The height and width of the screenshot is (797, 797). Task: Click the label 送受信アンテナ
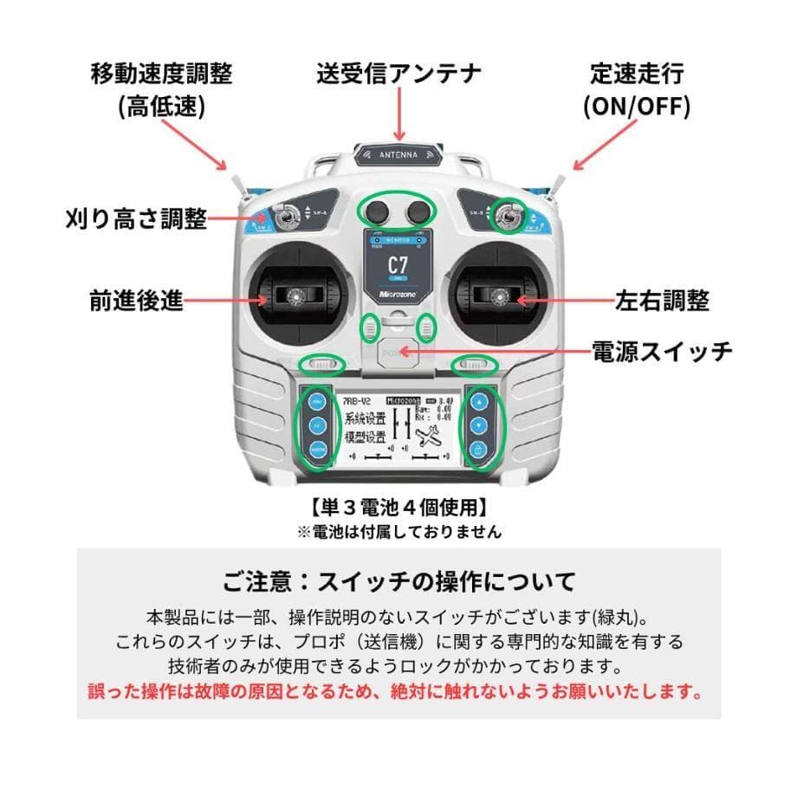pyautogui.click(x=398, y=73)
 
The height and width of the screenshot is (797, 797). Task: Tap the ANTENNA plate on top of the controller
pyautogui.click(x=399, y=154)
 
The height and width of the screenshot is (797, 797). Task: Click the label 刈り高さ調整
pyautogui.click(x=137, y=218)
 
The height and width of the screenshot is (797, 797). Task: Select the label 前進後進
pyautogui.click(x=136, y=300)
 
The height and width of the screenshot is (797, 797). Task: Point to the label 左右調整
pyautogui.click(x=662, y=301)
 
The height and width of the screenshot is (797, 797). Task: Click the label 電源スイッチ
pyautogui.click(x=662, y=351)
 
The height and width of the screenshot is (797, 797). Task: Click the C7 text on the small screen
pyautogui.click(x=398, y=265)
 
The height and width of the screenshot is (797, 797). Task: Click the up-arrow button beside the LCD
pyautogui.click(x=478, y=403)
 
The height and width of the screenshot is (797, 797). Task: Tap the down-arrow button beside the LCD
pyautogui.click(x=478, y=426)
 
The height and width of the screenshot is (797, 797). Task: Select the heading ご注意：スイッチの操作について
pyautogui.click(x=398, y=579)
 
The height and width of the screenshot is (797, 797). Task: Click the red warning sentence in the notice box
pyautogui.click(x=398, y=692)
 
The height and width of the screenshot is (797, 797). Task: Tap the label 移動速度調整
pyautogui.click(x=162, y=73)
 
